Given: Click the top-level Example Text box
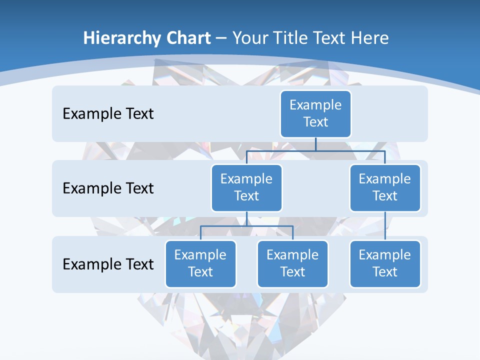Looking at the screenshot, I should [x=315, y=113].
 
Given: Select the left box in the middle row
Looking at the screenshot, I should [x=246, y=187].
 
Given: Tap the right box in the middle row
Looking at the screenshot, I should [x=385, y=187].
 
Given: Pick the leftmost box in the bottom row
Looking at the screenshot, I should [x=200, y=263].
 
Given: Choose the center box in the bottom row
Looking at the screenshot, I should [x=292, y=263].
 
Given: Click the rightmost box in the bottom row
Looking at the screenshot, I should [x=385, y=263].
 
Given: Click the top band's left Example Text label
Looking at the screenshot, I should [x=108, y=114].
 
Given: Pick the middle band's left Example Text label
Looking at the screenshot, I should [x=108, y=188].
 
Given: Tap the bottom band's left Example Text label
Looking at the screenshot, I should [x=108, y=264].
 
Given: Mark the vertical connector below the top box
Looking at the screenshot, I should [x=315, y=143].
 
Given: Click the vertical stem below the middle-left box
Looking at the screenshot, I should [x=246, y=218].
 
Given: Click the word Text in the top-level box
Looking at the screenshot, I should [x=315, y=122].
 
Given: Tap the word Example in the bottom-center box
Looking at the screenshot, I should [x=292, y=255].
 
